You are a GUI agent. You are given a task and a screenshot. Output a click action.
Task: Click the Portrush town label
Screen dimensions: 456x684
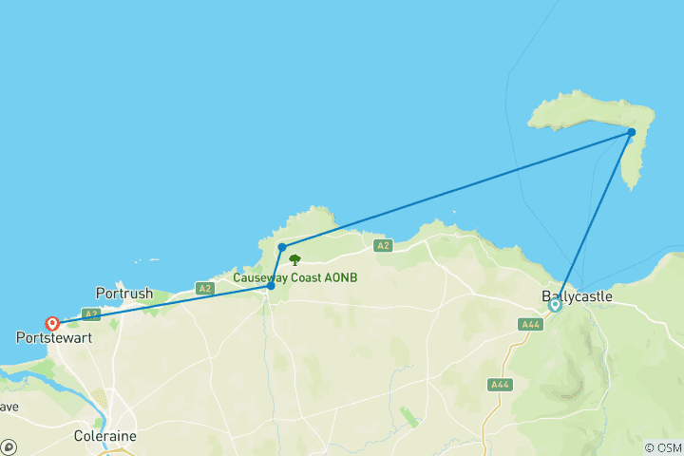(x=124, y=293)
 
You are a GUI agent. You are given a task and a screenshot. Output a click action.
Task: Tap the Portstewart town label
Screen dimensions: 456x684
(x=53, y=337)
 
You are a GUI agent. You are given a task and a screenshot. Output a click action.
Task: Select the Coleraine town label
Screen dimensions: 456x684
(x=104, y=436)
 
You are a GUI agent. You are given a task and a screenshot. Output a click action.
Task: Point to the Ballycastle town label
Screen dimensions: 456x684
(x=577, y=296)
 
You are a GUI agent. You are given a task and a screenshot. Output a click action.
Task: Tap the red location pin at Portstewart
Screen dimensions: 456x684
(x=52, y=323)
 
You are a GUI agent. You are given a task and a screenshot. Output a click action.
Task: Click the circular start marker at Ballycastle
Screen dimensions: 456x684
(x=555, y=305)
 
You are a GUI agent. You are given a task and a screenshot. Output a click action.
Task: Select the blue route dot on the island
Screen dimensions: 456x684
(x=632, y=132)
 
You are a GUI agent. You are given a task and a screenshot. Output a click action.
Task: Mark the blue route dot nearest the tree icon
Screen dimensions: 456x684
(x=282, y=247)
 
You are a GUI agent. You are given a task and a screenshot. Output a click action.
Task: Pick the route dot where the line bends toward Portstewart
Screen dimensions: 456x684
(x=272, y=285)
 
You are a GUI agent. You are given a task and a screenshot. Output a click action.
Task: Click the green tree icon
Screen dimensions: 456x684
(x=294, y=259)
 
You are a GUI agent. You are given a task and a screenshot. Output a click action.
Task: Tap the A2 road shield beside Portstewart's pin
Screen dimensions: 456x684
(x=91, y=313)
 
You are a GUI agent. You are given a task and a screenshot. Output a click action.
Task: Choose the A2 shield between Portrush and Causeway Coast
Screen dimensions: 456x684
(x=204, y=288)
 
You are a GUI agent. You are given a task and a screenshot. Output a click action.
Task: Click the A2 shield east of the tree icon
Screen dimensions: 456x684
(x=383, y=246)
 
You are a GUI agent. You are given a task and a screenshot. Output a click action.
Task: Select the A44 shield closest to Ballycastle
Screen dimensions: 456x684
(x=531, y=325)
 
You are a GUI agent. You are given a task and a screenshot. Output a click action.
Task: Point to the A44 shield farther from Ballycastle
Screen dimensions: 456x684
(x=499, y=384)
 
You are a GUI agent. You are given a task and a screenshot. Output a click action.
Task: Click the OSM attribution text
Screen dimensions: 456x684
(x=662, y=447)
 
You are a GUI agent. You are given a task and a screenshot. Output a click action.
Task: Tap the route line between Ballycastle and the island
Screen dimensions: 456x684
(x=594, y=218)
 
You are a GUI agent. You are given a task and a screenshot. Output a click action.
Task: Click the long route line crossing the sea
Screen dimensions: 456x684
(x=456, y=190)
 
